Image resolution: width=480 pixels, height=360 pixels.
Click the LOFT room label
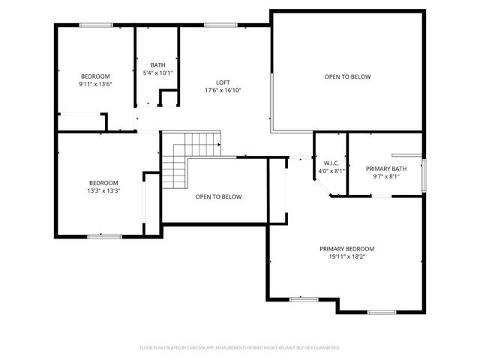tap(223, 82)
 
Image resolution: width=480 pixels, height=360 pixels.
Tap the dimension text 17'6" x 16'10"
tap(223, 90)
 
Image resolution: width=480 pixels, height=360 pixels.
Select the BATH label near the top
tap(157, 65)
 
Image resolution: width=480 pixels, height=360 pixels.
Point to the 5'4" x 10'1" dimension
tap(157, 73)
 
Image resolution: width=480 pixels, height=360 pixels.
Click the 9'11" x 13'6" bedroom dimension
tap(95, 84)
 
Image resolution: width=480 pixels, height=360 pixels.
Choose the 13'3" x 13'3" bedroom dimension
tap(104, 190)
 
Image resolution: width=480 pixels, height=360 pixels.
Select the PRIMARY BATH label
tap(385, 169)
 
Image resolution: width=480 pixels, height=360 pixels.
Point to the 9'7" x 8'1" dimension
tap(385, 177)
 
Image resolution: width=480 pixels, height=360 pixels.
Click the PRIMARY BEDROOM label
tap(346, 249)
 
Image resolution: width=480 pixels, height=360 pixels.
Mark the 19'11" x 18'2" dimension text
tap(346, 256)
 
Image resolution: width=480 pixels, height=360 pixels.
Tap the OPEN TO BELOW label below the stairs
tap(218, 196)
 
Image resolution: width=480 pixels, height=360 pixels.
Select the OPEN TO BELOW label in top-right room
tap(347, 76)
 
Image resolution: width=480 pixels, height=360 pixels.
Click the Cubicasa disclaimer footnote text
tap(240, 348)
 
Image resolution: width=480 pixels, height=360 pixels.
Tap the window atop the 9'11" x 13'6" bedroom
tap(96, 25)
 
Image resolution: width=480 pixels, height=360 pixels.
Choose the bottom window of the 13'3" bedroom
tap(104, 237)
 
